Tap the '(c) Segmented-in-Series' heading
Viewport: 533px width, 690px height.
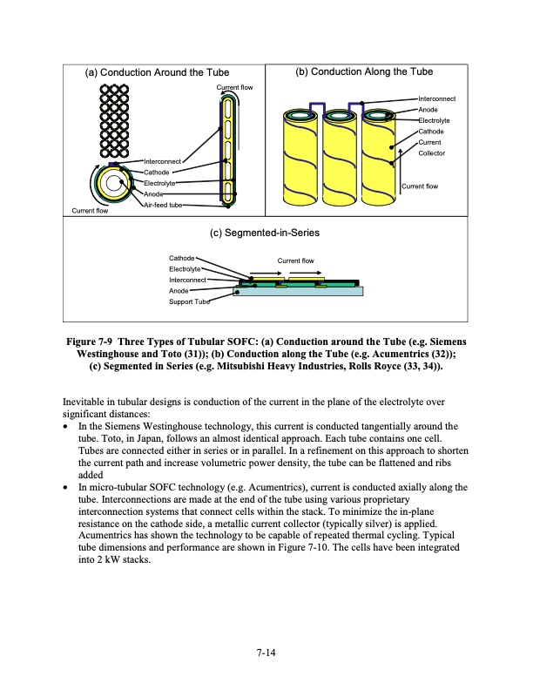tap(266, 233)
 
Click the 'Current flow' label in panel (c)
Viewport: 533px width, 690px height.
tap(295, 260)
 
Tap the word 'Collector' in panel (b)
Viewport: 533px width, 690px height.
tap(433, 153)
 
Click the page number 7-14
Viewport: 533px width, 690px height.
tap(266, 650)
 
